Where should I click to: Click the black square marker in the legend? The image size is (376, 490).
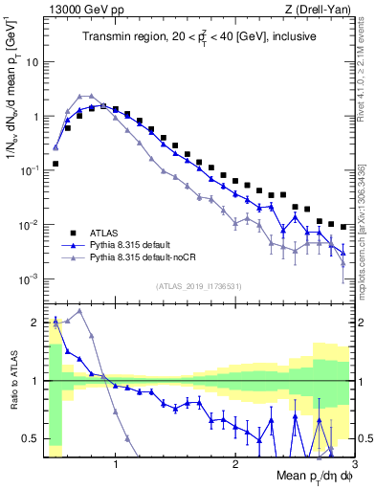[73, 232]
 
